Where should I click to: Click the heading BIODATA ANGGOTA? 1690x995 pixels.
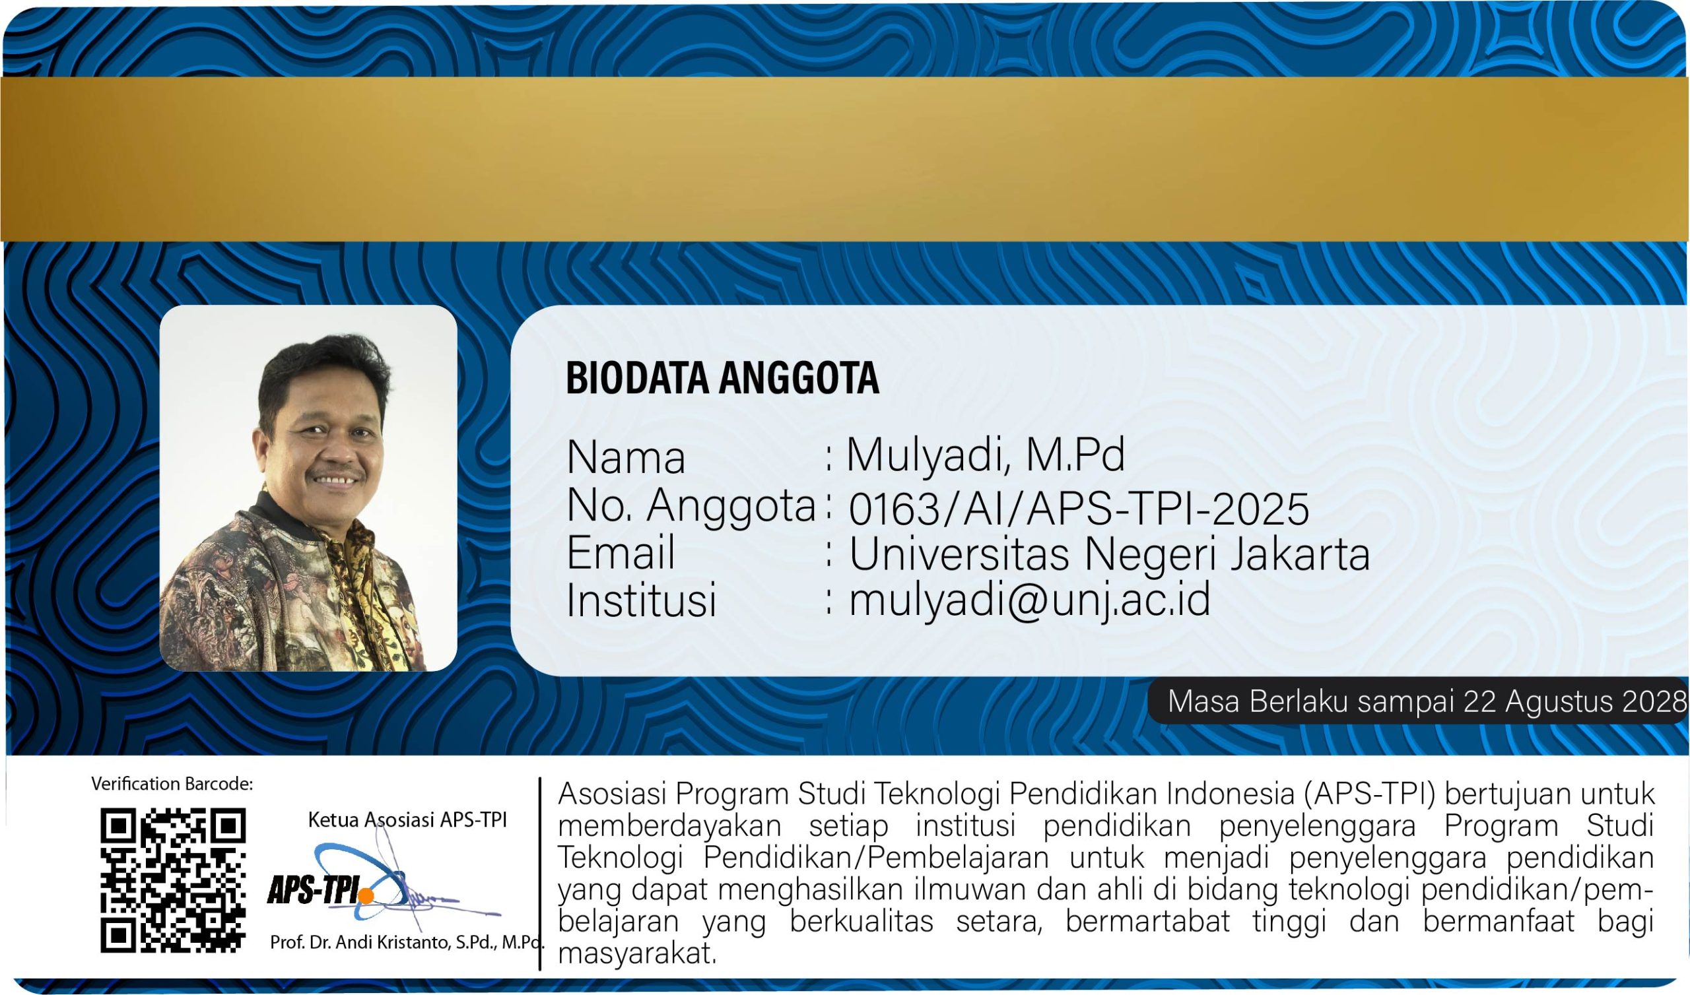click(x=722, y=377)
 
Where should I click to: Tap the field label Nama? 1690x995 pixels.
click(x=626, y=458)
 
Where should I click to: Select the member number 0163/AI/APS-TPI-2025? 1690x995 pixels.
click(x=1079, y=508)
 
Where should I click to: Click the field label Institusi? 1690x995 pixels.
click(x=642, y=600)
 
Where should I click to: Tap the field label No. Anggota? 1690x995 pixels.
click(x=691, y=505)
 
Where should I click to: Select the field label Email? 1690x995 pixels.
click(x=621, y=552)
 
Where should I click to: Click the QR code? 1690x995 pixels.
click(x=173, y=880)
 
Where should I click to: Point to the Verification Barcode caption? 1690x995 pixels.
click(x=172, y=784)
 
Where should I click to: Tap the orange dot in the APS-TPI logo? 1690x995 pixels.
click(x=366, y=896)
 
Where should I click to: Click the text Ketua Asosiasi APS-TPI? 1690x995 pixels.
click(x=407, y=819)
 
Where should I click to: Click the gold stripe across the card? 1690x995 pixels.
click(x=845, y=159)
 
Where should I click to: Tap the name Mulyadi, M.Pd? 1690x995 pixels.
click(x=985, y=456)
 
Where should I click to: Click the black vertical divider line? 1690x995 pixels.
click(x=540, y=874)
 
